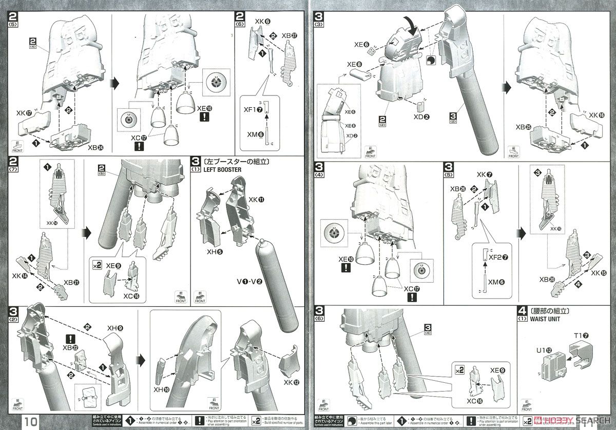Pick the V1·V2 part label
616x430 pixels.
tap(248, 267)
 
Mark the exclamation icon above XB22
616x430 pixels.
tap(71, 339)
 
